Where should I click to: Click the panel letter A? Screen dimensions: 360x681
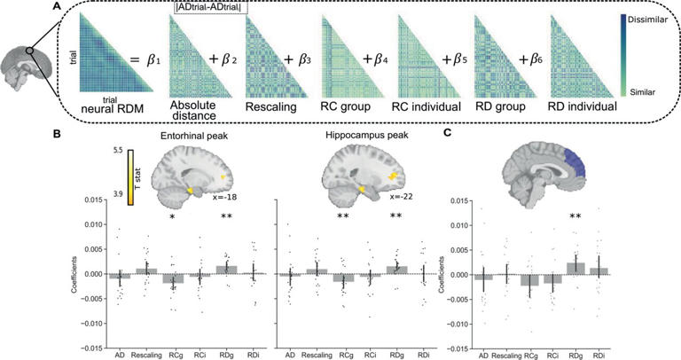pyautogui.click(x=55, y=8)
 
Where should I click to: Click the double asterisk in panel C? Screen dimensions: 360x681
pyautogui.click(x=575, y=215)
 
